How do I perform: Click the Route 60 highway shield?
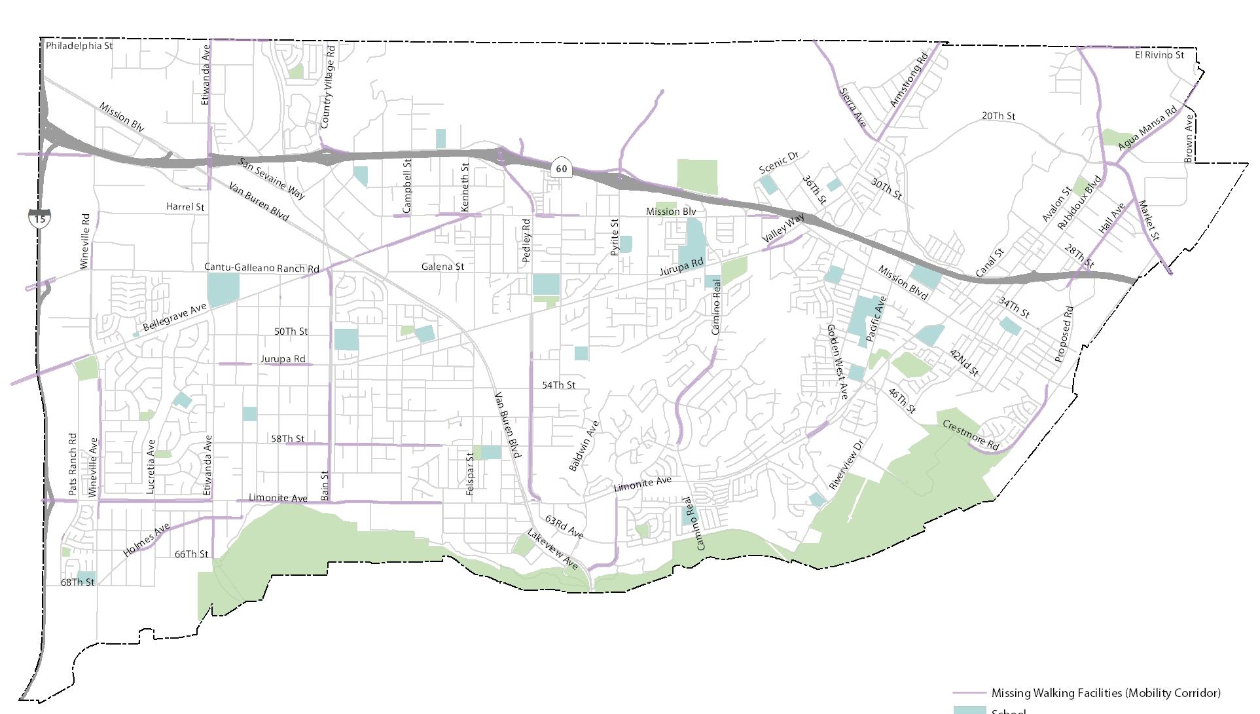(x=561, y=168)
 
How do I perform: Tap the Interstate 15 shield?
(x=40, y=218)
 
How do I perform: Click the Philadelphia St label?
(x=79, y=46)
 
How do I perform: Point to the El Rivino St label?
(x=1159, y=55)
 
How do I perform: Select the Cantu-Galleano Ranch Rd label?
(x=262, y=268)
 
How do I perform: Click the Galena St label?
(x=442, y=267)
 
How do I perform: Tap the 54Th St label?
(x=558, y=385)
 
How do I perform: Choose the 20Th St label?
(x=998, y=116)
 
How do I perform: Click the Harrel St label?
(x=185, y=207)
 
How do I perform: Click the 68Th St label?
(x=77, y=582)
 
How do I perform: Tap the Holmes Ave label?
(x=147, y=540)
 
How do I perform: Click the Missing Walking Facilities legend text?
(x=1106, y=693)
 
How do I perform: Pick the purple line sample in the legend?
(x=969, y=693)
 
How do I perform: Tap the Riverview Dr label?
(x=846, y=464)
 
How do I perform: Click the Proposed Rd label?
(x=1064, y=334)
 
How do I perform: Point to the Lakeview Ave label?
(x=553, y=550)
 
